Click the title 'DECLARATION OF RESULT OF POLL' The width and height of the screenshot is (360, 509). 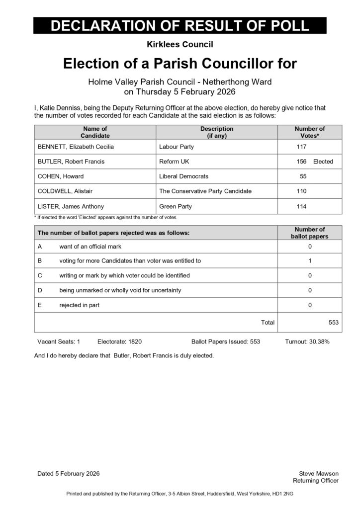coord(180,26)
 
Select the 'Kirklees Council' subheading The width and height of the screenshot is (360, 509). coord(180,45)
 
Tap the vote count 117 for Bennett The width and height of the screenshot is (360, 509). coord(301,147)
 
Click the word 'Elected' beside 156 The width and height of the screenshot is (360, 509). coord(323,162)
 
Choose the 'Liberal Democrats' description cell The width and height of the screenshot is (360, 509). coord(183,176)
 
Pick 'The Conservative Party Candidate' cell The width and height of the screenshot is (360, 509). coord(205,191)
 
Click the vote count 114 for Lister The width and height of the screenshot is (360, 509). coord(301,206)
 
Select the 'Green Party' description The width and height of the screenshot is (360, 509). coord(176,206)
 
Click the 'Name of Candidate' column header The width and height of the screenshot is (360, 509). coord(95,132)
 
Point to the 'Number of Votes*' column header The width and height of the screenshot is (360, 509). coord(310,132)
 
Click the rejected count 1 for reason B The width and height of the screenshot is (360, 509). coord(310,260)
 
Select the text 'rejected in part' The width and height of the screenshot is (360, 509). coord(80,305)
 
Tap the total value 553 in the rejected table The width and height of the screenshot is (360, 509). coord(334,323)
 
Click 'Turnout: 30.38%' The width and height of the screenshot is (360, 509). coord(307,342)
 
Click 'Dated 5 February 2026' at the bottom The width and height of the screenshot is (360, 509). coord(69,474)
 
